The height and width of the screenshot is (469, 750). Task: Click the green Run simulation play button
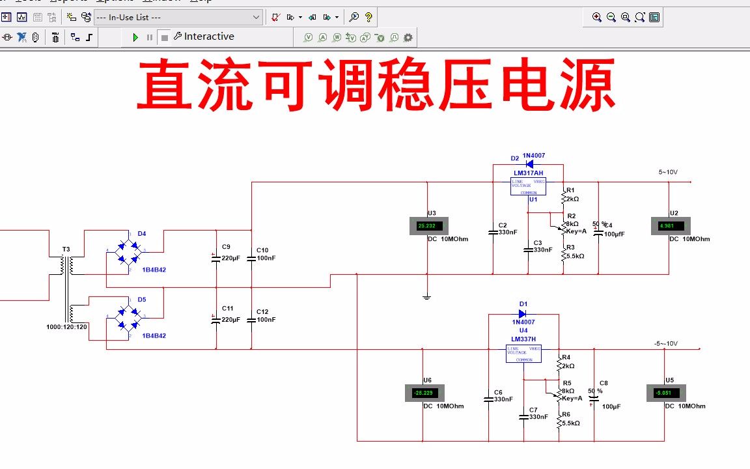(x=135, y=38)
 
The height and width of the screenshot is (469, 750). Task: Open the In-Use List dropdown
(x=178, y=18)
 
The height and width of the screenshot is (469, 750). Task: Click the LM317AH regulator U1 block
(x=528, y=186)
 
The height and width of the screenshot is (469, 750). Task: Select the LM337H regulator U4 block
(x=524, y=353)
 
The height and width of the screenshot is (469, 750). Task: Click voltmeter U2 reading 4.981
(x=670, y=226)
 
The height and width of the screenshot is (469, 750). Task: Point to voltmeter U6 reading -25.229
(x=424, y=393)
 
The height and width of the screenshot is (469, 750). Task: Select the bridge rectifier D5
(x=128, y=318)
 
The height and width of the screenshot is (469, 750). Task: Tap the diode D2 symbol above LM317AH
(x=529, y=163)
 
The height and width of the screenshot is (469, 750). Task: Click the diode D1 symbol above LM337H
(x=523, y=313)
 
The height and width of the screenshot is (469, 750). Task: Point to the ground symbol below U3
(x=426, y=298)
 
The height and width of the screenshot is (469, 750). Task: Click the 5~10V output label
(x=668, y=173)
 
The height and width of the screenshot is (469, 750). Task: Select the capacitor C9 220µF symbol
(x=216, y=258)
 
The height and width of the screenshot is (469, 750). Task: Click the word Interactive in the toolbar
(x=209, y=36)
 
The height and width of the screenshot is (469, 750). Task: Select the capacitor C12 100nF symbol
(x=251, y=320)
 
